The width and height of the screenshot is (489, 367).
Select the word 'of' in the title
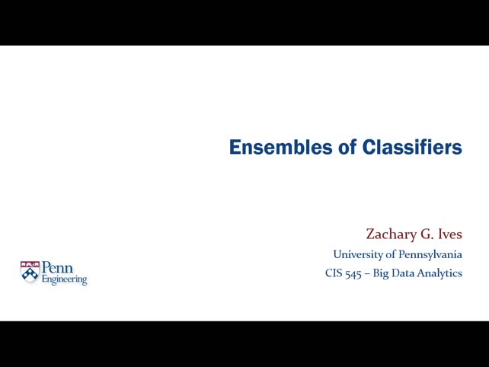[349, 147]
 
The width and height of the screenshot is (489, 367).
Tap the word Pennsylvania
[430, 254]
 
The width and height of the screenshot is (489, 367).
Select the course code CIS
[334, 273]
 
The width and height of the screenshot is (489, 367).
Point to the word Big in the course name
[380, 273]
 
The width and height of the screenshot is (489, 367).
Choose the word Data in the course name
[404, 273]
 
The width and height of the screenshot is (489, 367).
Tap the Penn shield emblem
[30, 272]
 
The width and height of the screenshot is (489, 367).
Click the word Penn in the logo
[57, 268]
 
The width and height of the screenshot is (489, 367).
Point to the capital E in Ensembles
[235, 147]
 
